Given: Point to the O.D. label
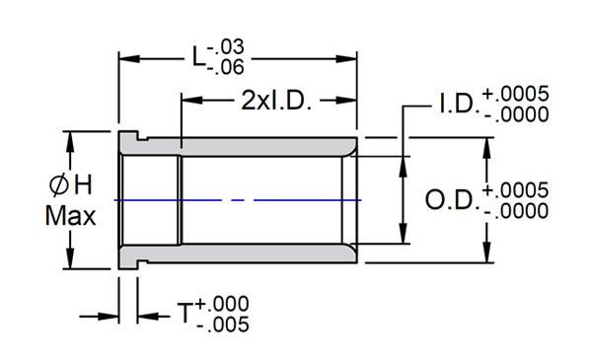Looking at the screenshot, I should [451, 200].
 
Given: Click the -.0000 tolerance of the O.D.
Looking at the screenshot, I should [515, 210].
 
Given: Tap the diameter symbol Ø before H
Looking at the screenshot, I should [58, 183].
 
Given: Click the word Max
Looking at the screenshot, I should [71, 216].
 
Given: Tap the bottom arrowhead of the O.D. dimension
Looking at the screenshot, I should [485, 257].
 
